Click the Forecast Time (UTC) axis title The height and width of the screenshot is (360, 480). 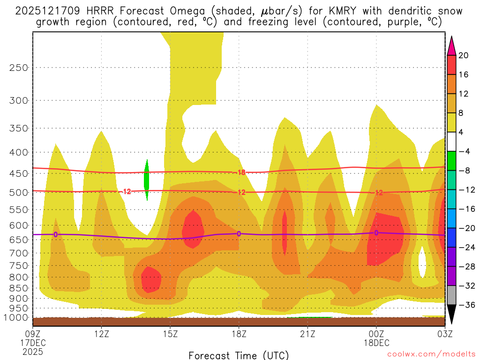coord(239,355)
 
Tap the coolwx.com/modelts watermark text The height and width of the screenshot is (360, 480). coord(431,355)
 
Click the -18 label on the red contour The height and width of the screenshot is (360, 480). coord(240,172)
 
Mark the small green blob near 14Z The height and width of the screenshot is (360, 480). coord(147,180)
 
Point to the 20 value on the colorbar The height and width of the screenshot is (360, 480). coord(463,55)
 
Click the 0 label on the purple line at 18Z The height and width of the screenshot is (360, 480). coord(239,233)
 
